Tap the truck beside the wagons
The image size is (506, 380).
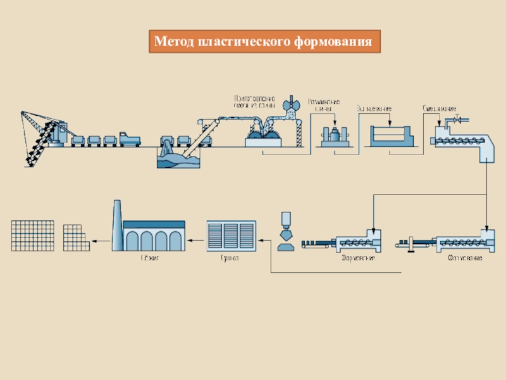click(129, 138)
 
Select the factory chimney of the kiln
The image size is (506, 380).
click(117, 224)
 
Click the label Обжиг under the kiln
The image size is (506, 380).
click(149, 258)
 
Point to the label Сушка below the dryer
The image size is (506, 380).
click(229, 258)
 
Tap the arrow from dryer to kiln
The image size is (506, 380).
click(196, 239)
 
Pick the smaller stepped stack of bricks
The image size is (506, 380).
click(77, 237)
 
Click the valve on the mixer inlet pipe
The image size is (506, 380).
click(460, 119)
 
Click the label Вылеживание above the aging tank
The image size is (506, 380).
click(374, 108)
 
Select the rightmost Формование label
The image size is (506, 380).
click(465, 259)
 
